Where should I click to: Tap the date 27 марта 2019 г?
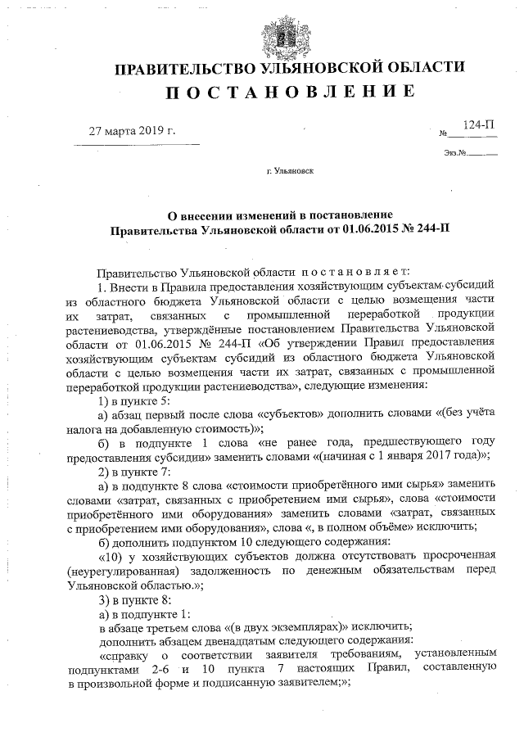[132, 130]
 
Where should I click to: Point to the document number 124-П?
[478, 124]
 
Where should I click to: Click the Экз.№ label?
[455, 153]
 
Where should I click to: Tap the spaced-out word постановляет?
[337, 272]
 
